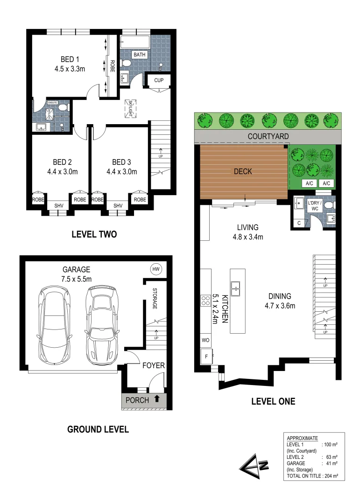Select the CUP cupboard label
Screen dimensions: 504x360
click(159, 81)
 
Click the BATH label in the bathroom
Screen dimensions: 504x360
click(140, 55)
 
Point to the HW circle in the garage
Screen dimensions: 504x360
click(156, 269)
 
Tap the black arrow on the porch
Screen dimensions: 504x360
click(157, 399)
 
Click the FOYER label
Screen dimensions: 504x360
click(153, 365)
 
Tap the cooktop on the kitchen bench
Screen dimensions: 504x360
click(205, 300)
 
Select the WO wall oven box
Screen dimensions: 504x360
click(205, 340)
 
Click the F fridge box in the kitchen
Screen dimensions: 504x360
click(205, 357)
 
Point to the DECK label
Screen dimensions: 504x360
click(243, 172)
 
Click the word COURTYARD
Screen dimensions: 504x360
click(268, 136)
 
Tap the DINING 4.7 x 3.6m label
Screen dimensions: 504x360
click(280, 301)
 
